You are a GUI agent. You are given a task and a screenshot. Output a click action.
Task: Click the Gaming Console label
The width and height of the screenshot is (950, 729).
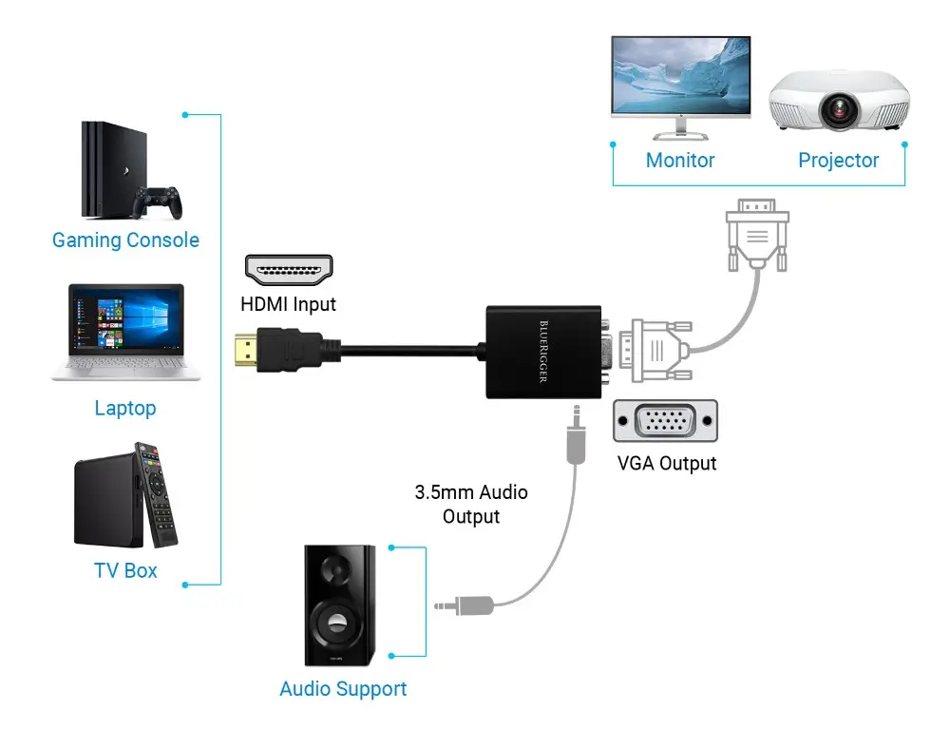(125, 240)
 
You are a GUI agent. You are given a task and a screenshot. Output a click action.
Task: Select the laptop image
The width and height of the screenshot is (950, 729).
(126, 332)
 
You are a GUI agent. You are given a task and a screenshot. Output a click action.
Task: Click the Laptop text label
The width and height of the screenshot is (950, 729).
(125, 409)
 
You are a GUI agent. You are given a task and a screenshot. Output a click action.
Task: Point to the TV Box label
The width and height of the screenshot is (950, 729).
(125, 571)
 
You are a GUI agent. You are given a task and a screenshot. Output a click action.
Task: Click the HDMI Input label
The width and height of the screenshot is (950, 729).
(288, 305)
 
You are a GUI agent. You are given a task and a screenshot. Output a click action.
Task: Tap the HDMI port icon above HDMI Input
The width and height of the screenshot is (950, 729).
(289, 271)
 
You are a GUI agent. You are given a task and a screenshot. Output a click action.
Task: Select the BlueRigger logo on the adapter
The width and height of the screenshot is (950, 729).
(542, 351)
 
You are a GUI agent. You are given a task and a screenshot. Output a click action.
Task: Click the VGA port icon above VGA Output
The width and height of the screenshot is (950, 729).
(665, 421)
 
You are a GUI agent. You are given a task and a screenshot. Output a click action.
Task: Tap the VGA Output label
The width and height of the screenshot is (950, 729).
(665, 464)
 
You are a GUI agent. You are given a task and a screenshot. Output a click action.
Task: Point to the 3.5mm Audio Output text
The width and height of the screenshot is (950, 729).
(471, 505)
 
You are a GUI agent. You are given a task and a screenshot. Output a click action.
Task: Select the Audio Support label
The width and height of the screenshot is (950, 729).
(343, 689)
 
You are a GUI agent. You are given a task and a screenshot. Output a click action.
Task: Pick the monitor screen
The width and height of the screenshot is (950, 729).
(680, 75)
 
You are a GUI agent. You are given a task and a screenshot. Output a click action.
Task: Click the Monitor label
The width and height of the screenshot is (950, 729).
(680, 161)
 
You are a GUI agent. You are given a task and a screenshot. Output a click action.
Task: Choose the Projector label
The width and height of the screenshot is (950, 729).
(838, 161)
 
